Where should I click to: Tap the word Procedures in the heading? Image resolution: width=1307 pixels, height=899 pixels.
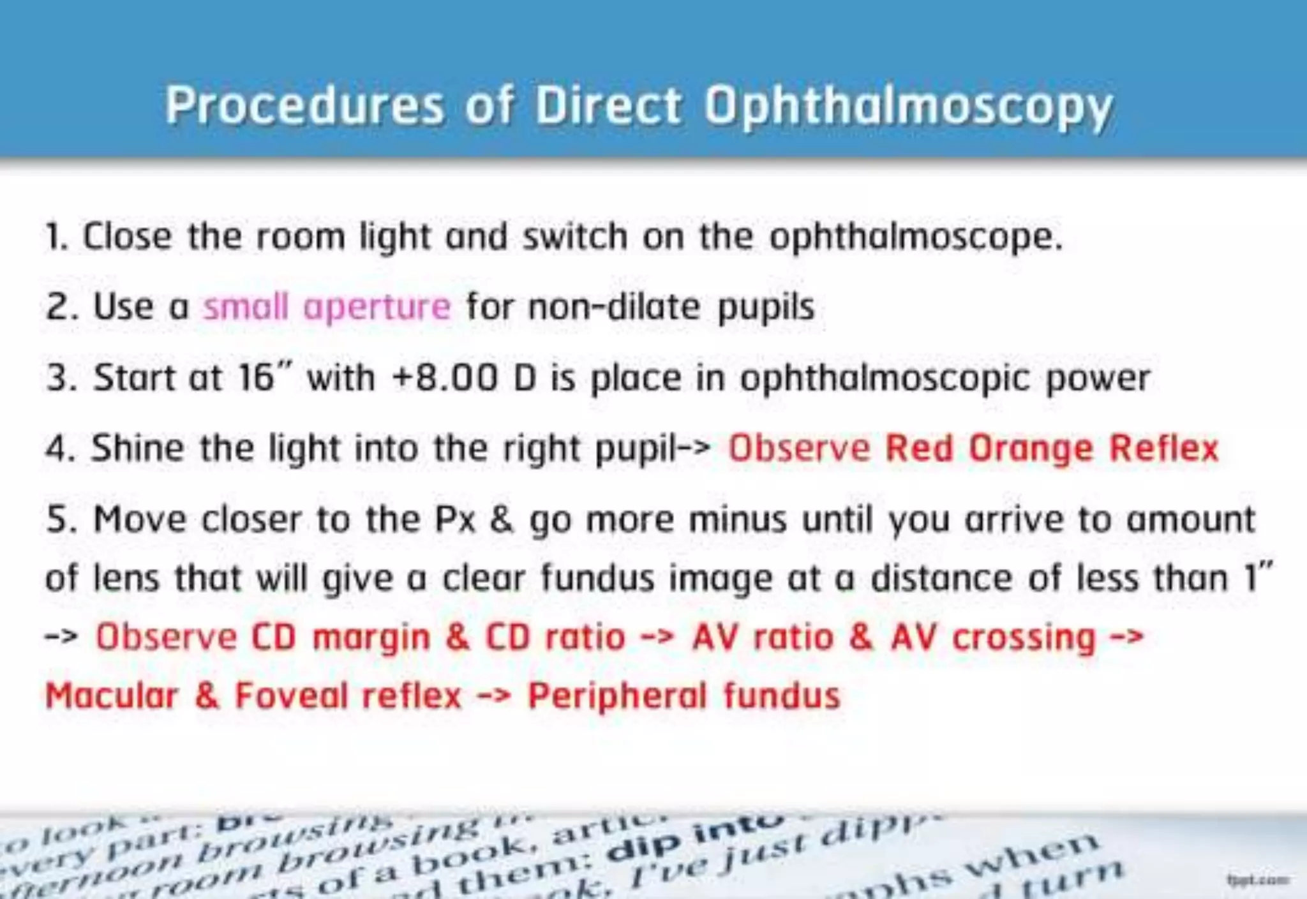pos(304,106)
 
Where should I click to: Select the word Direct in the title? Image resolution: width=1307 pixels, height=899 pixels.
pos(608,106)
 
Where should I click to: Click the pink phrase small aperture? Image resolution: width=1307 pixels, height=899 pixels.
pos(327,307)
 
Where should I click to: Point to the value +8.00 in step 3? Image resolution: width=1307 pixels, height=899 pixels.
pos(445,378)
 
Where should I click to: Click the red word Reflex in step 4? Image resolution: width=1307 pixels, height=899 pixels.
pos(1164,448)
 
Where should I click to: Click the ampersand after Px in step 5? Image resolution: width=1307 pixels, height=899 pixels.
pos(502,519)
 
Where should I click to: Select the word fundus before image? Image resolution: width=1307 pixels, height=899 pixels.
pos(597,579)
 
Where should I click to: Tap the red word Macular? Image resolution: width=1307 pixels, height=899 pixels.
pos(112,696)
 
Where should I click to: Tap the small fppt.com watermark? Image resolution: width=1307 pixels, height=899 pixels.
pos(1257,880)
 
